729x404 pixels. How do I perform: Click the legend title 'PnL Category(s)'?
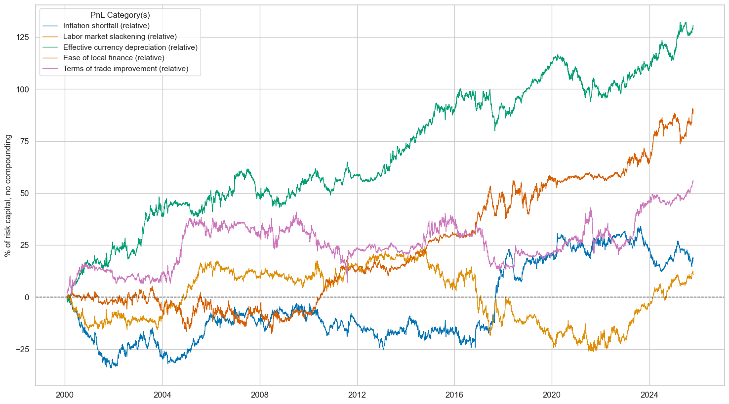[x=120, y=15]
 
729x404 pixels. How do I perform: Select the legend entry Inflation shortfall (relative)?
[x=106, y=26]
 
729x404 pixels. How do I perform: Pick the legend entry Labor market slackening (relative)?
[x=120, y=37]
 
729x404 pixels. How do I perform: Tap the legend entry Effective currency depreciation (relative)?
[x=130, y=47]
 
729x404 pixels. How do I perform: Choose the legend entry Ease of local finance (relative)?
[x=114, y=58]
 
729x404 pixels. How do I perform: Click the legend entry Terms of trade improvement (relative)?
[x=125, y=69]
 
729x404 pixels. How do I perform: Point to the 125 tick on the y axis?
[x=23, y=38]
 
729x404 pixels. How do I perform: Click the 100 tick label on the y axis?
[x=23, y=89]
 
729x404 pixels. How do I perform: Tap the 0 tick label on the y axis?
[x=27, y=297]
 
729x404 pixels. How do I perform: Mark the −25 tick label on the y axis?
[x=23, y=349]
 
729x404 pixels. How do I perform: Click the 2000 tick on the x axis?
[x=65, y=395]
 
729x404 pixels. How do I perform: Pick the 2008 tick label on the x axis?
[x=260, y=395]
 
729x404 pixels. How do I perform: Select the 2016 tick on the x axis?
[x=454, y=395]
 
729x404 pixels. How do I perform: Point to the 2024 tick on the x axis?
[x=649, y=395]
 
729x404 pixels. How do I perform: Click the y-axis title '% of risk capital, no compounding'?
[x=8, y=196]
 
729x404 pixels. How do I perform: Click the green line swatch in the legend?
[x=50, y=47]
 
